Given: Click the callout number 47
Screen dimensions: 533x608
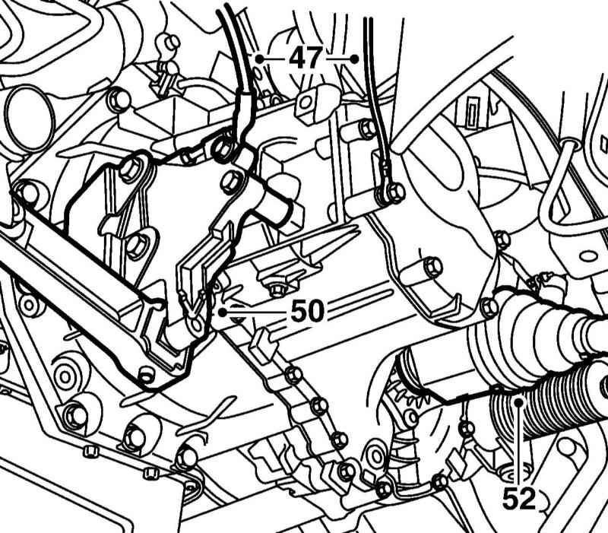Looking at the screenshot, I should point(306,58).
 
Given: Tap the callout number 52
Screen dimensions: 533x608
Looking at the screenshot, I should point(519,498).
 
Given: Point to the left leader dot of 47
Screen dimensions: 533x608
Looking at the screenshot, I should point(259,58).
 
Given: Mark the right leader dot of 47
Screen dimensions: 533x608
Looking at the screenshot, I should point(354,58).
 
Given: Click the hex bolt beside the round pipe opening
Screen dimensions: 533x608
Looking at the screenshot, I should point(116,99).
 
